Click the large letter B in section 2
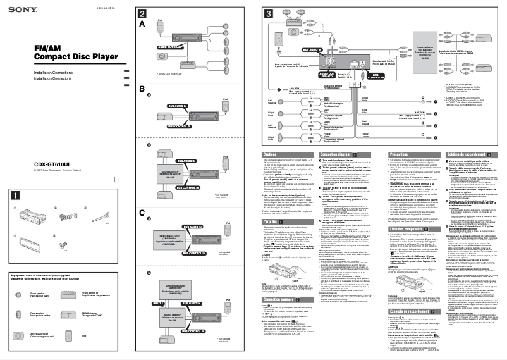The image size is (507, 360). click(x=143, y=89)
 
